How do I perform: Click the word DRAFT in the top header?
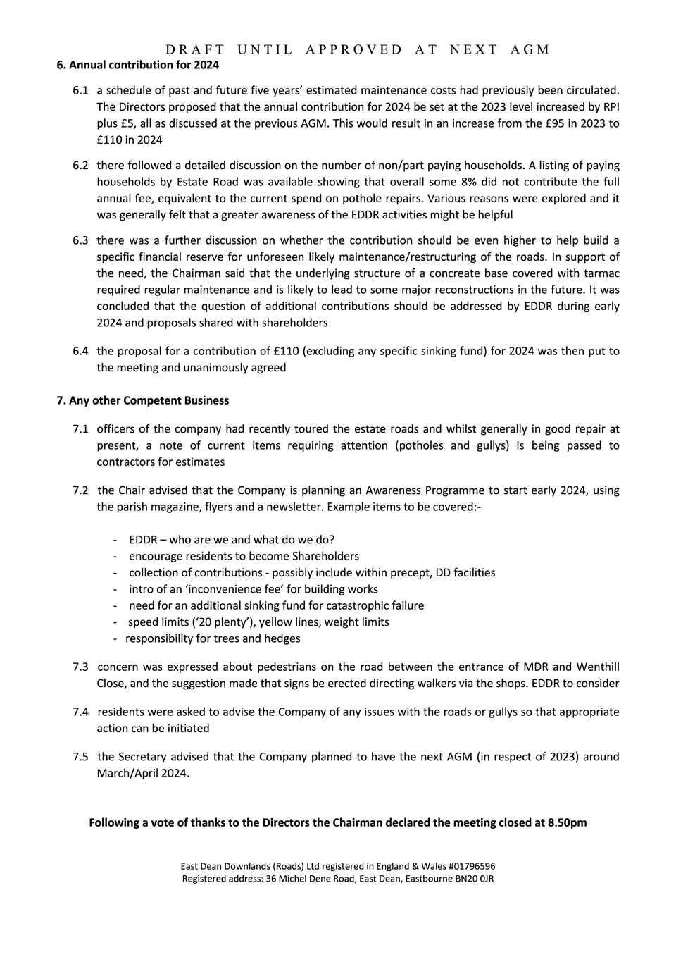point(195,49)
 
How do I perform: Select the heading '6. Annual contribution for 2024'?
point(137,65)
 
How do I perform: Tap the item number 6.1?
point(80,90)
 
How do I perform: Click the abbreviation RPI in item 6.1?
point(611,107)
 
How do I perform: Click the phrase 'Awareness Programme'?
point(425,490)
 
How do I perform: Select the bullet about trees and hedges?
point(213,638)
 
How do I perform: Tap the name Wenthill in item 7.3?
point(598,667)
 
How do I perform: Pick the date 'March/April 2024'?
point(142,773)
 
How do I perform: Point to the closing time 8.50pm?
point(567,822)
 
